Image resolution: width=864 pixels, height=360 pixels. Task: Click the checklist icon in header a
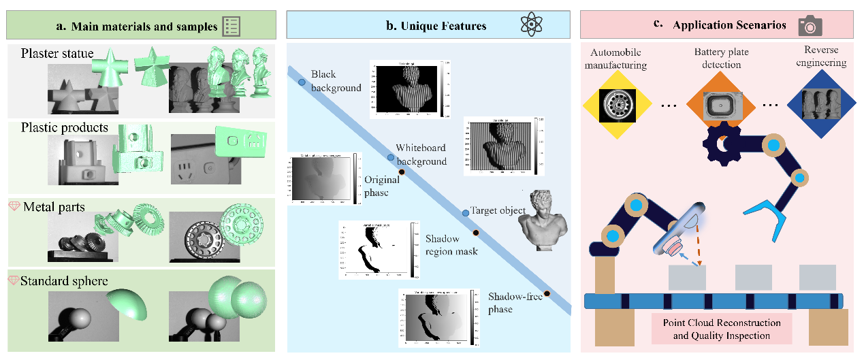pos(232,27)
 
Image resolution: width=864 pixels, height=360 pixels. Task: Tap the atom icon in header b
pos(530,26)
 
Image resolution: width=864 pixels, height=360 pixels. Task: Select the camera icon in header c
pos(810,26)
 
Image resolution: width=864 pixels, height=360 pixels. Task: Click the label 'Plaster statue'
pos(57,53)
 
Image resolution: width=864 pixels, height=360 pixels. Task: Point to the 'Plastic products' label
pos(64,128)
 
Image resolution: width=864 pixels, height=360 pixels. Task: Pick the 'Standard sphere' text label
pos(64,280)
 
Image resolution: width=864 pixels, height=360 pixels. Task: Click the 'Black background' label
pos(336,80)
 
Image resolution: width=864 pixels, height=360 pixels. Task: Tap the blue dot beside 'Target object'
pos(466,213)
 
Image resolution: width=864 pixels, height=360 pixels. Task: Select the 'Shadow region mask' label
pos(451,245)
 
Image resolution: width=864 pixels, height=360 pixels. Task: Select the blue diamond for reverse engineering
pos(820,105)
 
